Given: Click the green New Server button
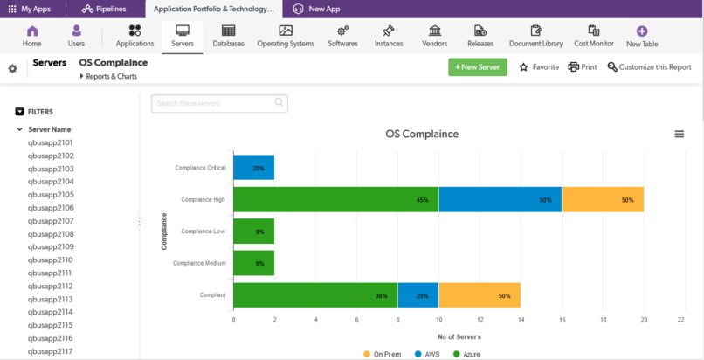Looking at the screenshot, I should pos(477,67).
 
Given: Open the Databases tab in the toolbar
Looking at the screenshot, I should pos(228,36).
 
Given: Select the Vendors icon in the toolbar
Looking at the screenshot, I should pos(434,36).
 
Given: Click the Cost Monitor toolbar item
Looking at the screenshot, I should pos(593,36).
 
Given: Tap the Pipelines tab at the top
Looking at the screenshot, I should pos(104,9).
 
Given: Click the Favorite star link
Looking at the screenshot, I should pos(538,67).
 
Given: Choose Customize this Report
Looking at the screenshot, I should pos(649,67).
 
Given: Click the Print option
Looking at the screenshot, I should pos(583,67).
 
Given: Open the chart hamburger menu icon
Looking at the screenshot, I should pos(679,134).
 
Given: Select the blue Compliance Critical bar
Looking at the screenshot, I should pos(253,168).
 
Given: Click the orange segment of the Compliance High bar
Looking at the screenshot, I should pos(603,199).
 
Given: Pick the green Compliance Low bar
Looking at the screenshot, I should pos(253,232).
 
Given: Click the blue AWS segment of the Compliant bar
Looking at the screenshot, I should pos(418,295).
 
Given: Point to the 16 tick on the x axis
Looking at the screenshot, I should pos(562,320).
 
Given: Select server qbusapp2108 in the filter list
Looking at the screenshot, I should pos(51,234).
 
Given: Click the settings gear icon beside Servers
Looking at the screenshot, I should pos(12,68).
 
